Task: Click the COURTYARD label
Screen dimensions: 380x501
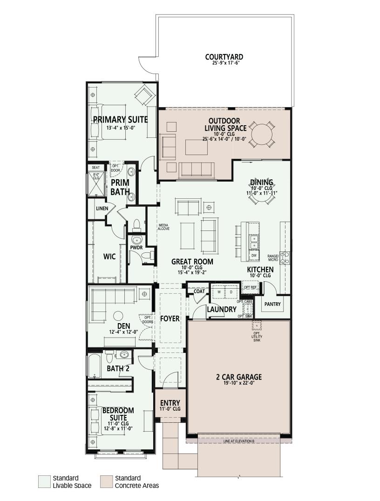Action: [224, 57]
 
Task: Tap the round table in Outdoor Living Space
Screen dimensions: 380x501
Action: [262, 134]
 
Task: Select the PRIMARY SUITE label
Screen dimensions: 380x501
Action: [121, 120]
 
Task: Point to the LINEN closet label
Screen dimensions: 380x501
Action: [102, 209]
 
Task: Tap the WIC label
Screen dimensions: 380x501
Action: [109, 256]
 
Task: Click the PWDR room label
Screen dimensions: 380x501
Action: [136, 247]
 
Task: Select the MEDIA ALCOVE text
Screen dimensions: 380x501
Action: [163, 227]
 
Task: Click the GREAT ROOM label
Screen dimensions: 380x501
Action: [192, 261]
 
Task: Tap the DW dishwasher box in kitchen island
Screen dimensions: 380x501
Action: [254, 256]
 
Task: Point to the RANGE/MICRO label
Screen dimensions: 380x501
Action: [273, 258]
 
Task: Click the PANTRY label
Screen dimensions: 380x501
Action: [272, 304]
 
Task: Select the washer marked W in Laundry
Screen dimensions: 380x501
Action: [219, 292]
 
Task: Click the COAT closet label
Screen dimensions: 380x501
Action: [199, 291]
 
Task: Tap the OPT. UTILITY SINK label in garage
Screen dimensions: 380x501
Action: [257, 337]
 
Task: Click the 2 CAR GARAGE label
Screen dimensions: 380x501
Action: [239, 377]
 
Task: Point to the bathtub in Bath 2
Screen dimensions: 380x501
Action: [95, 366]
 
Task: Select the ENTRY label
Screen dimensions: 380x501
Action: [170, 403]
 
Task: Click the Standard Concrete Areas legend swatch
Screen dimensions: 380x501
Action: [106, 481]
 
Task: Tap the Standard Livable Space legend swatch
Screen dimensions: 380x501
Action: [44, 481]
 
